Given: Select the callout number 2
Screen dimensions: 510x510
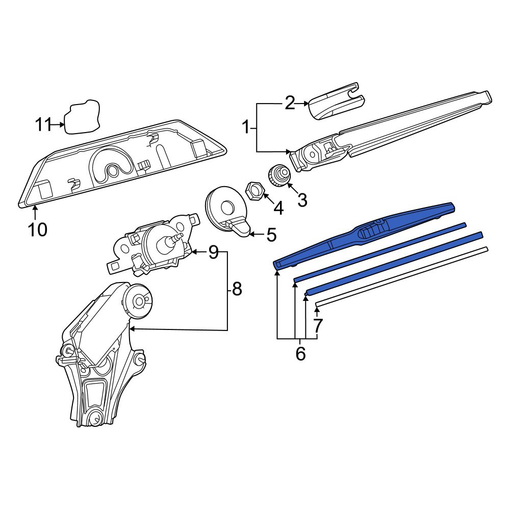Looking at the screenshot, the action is click(x=290, y=104).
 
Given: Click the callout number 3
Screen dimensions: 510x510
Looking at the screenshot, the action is click(x=302, y=200).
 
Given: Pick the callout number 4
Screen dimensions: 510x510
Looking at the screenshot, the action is click(x=278, y=208).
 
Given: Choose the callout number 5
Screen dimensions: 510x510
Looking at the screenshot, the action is click(x=271, y=235).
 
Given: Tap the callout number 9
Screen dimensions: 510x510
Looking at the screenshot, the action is click(x=213, y=252).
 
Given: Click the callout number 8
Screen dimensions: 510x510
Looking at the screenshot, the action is click(x=237, y=288).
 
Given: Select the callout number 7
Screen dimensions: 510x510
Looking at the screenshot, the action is click(x=318, y=325).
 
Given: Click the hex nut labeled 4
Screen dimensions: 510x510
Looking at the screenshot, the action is click(x=254, y=190).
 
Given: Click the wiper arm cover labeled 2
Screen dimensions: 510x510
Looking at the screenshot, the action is click(x=336, y=101).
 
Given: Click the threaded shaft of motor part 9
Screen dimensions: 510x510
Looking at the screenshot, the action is click(x=176, y=238).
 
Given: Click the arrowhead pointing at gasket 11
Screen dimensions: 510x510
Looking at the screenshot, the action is click(x=62, y=124).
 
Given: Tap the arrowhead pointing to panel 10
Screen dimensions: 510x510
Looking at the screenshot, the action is click(x=35, y=208).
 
